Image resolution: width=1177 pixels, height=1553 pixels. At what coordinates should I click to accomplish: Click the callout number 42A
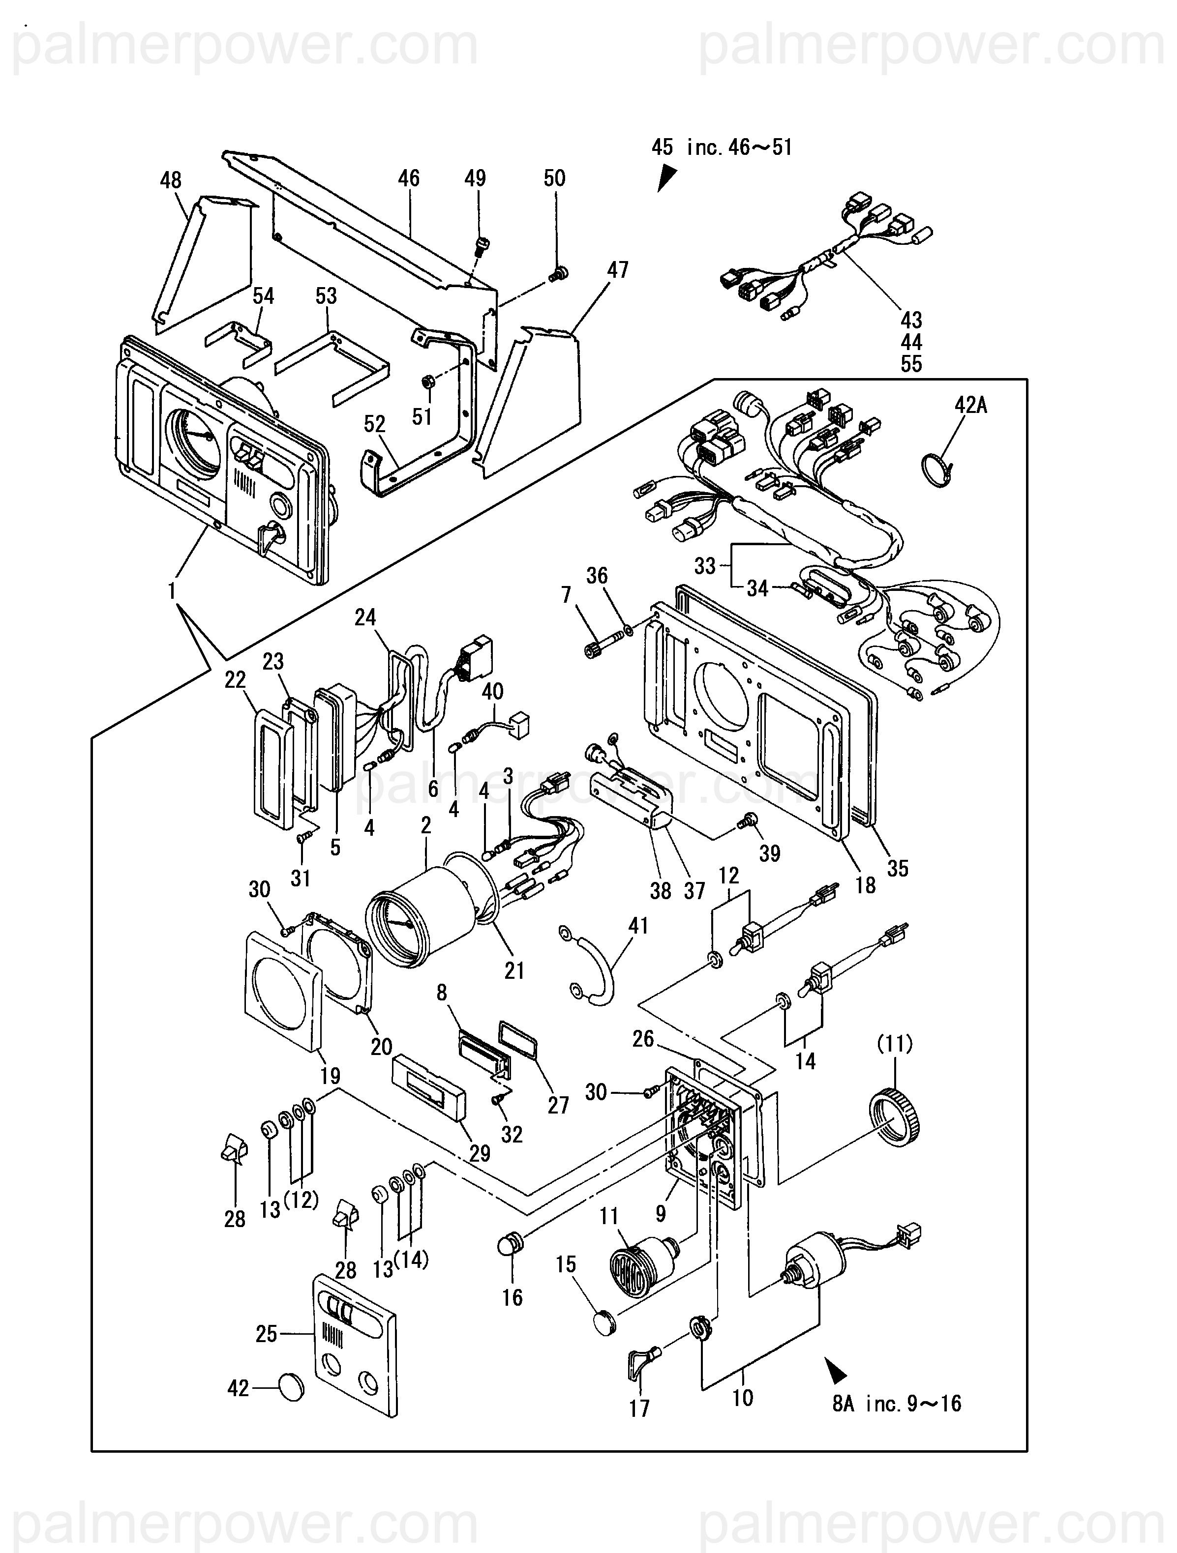click(971, 405)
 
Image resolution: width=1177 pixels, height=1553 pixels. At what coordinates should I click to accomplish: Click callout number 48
click(171, 180)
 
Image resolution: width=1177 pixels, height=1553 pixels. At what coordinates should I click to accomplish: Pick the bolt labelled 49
click(482, 246)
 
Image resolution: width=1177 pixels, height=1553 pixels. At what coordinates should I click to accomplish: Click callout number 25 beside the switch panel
click(266, 1333)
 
